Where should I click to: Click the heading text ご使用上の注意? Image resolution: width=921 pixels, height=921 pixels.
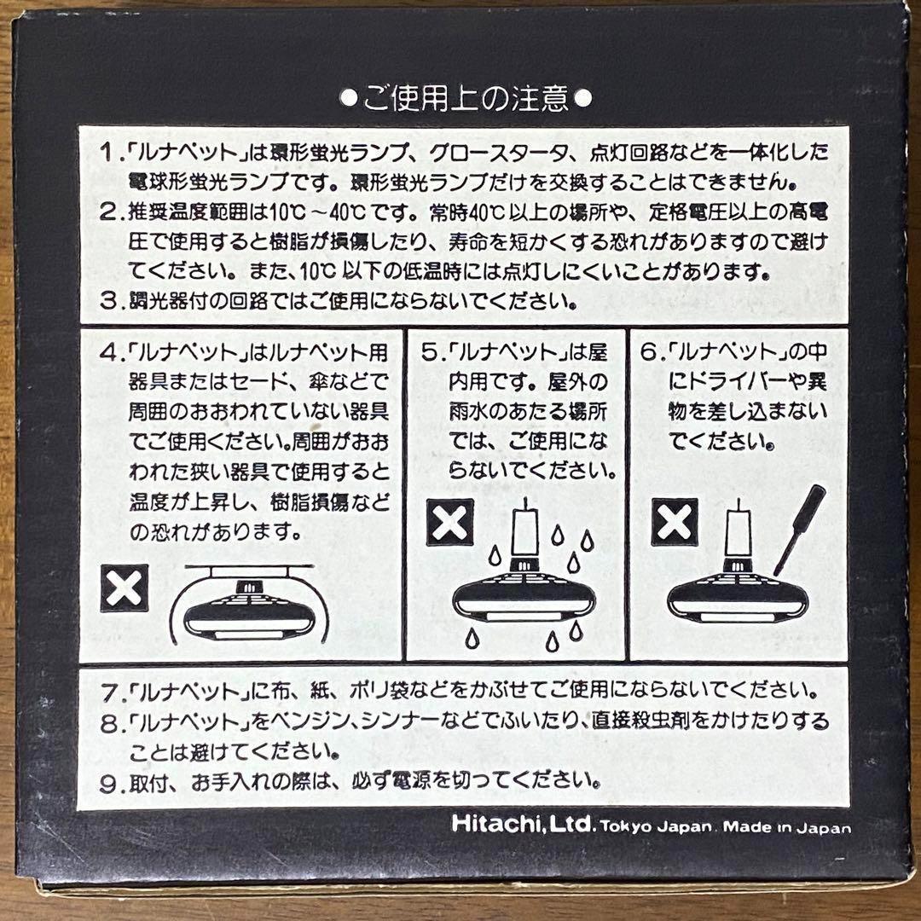[x=466, y=99]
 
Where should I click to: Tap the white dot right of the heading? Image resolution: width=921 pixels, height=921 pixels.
[x=583, y=99]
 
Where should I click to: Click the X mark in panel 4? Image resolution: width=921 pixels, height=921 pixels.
[x=125, y=588]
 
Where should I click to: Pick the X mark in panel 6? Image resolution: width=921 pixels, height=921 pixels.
[x=675, y=520]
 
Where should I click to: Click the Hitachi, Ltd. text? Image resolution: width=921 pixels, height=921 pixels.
[x=521, y=825]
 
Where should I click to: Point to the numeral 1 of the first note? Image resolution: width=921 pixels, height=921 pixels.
[x=107, y=153]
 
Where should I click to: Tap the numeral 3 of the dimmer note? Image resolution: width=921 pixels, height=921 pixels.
[x=107, y=301]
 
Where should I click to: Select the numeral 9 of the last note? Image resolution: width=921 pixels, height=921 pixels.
[x=107, y=779]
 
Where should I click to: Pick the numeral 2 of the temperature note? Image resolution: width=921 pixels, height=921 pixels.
[x=107, y=211]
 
